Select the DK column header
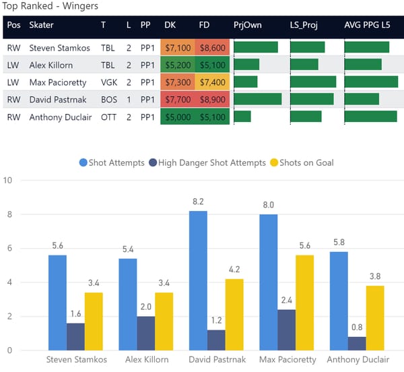click(170, 25)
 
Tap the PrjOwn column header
click(247, 25)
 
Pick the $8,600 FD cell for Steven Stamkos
click(213, 48)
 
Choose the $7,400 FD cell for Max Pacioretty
click(213, 82)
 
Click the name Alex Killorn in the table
click(55, 65)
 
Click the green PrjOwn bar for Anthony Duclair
click(242, 116)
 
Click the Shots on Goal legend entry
click(301, 162)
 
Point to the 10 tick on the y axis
click(8, 181)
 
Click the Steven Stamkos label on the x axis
click(76, 360)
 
